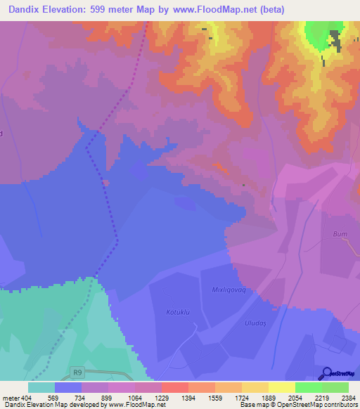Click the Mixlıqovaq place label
coord(232,289)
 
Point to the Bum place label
coord(340,233)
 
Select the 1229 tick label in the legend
coord(161,398)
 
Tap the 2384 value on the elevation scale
coord(348,398)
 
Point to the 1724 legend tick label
coord(241,398)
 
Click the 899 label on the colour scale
coord(108,398)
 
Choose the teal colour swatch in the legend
coord(41,387)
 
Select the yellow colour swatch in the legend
coord(281,387)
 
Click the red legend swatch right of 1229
coord(174,387)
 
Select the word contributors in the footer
coord(340,405)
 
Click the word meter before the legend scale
coord(11,398)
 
